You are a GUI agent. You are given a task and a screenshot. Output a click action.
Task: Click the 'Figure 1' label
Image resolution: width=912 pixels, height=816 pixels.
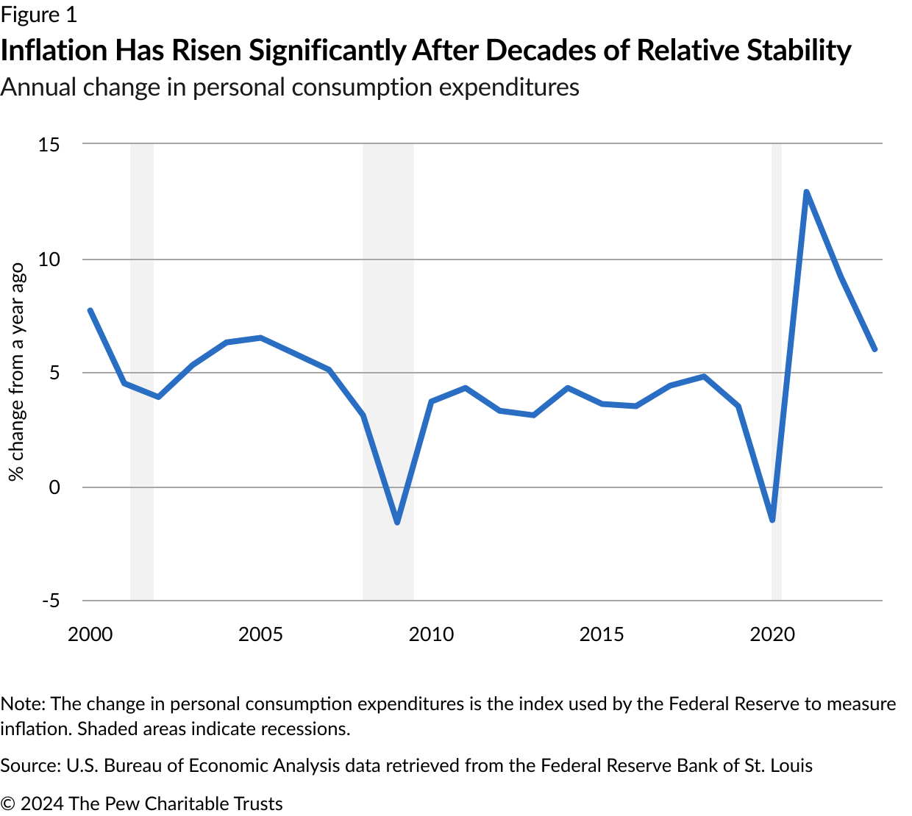39,15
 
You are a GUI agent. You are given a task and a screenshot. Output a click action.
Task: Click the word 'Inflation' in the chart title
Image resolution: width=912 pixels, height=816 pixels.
54,50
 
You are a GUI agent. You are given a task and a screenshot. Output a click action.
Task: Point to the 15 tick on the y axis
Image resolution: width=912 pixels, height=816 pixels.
49,144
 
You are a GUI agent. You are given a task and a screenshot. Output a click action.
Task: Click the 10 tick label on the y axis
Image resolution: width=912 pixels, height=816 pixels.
49,259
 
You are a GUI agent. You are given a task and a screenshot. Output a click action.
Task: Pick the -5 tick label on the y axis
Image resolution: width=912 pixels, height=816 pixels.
50,601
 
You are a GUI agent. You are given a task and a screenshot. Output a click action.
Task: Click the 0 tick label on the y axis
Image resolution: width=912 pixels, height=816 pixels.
54,487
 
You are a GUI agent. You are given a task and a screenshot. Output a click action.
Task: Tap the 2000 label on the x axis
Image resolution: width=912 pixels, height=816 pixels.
90,634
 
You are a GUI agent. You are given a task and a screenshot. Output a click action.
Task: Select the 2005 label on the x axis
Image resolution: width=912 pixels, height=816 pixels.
260,634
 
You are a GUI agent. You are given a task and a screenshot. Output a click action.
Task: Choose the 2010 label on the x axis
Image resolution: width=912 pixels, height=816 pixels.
431,634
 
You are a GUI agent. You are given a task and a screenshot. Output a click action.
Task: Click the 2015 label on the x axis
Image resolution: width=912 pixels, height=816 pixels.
602,634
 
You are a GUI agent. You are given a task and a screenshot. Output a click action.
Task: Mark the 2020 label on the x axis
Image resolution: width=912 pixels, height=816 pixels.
772,634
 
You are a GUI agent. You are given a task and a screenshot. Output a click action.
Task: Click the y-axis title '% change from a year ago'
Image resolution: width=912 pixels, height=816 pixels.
16,372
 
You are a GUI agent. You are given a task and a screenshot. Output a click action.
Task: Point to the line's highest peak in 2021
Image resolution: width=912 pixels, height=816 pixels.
806,193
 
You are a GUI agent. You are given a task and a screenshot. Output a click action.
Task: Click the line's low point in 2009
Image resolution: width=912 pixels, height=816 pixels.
397,522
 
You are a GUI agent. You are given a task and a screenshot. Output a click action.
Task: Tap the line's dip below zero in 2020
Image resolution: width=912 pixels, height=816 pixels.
772,519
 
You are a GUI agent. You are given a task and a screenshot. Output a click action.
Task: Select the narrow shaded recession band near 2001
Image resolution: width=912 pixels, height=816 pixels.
142,368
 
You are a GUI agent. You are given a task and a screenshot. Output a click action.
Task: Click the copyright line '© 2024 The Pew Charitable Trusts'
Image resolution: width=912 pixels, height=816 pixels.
142,804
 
